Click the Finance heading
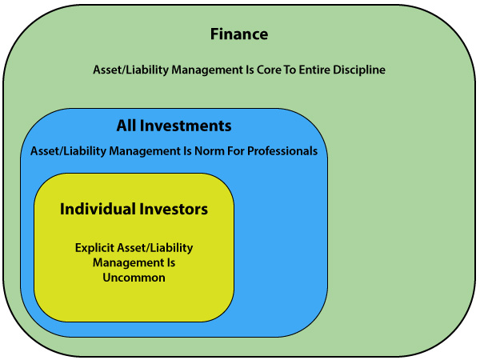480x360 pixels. tap(239, 34)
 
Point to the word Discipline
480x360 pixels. tap(359, 70)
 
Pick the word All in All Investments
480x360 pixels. tap(126, 126)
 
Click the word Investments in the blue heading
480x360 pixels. tap(186, 126)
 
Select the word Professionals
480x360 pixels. tap(282, 151)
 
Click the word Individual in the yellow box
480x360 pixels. tap(98, 209)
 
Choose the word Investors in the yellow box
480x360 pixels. tap(174, 210)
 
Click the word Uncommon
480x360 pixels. tap(134, 278)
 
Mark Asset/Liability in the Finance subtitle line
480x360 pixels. tap(130, 70)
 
